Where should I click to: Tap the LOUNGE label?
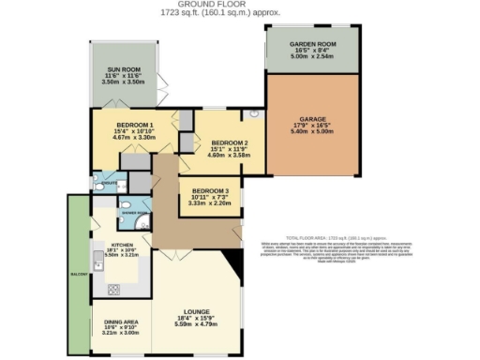(197, 311)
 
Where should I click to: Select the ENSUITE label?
(109, 184)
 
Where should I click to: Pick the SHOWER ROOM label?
(136, 213)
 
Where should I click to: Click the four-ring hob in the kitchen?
(114, 288)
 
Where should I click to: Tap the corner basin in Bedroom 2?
(253, 114)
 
